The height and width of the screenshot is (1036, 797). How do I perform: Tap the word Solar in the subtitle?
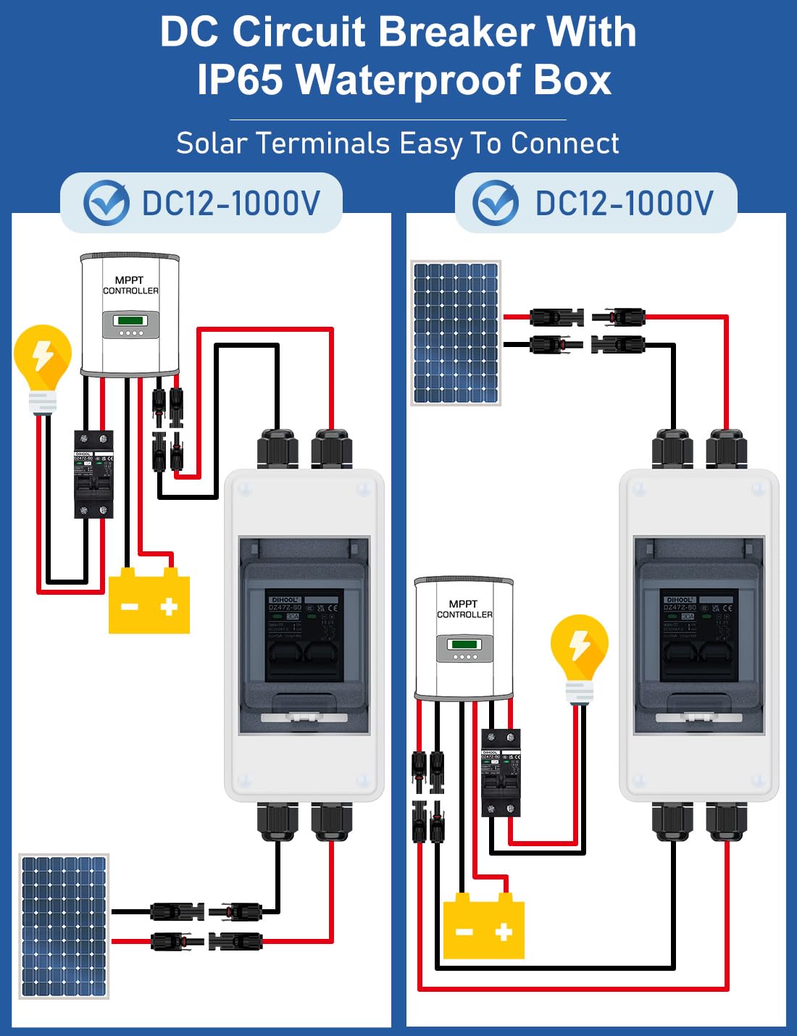(x=212, y=143)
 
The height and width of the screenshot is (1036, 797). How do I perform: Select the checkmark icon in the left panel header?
(x=107, y=202)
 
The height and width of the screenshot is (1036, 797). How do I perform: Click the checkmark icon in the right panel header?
(x=496, y=202)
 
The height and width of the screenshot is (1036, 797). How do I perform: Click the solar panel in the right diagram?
(x=456, y=333)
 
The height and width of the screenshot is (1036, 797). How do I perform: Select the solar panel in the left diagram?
(x=64, y=927)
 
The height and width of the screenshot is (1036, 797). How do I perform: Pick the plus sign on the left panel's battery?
(x=169, y=606)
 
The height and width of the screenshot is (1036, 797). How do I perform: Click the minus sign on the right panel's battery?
(x=464, y=932)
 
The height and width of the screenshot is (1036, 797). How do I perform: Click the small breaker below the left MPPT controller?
(x=94, y=474)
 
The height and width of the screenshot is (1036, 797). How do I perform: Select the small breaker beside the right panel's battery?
(x=501, y=772)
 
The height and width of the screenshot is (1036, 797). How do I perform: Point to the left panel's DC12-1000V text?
(x=231, y=203)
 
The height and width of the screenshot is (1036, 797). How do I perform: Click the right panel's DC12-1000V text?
(x=625, y=203)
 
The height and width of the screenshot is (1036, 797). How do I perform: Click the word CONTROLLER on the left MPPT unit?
(x=130, y=291)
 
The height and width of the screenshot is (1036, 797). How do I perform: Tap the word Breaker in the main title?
(x=456, y=32)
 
